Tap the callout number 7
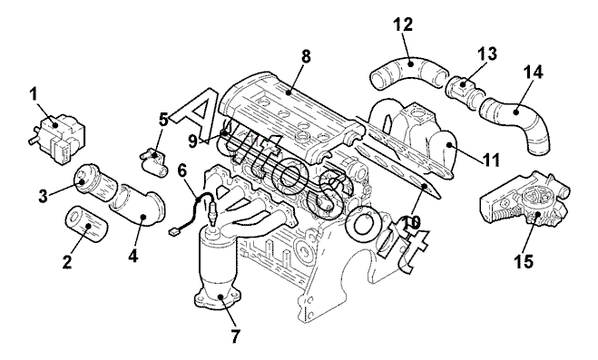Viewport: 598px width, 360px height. [236, 336]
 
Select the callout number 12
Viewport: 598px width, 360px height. [403, 24]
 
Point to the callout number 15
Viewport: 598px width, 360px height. [524, 261]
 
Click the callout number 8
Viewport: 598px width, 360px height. [306, 56]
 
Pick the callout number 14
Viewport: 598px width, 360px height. [533, 72]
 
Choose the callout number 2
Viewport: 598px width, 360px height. [67, 262]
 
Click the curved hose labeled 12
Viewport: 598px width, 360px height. [410, 73]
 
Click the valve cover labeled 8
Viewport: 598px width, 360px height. [289, 114]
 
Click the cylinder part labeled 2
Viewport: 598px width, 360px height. [86, 225]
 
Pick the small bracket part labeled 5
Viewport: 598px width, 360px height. [153, 162]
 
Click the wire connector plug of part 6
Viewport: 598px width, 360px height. [173, 231]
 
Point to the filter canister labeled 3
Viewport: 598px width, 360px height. [94, 183]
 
